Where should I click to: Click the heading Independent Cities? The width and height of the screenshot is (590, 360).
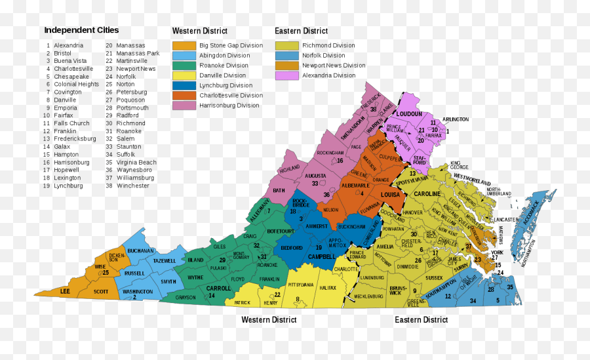[x=81, y=30]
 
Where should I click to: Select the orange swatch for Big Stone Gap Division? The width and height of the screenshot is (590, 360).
[x=184, y=45]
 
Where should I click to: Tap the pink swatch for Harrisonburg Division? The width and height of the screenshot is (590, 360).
[x=184, y=105]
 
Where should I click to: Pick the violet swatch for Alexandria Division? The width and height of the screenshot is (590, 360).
[x=286, y=75]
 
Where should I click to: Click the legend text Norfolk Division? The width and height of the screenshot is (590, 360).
[x=323, y=56]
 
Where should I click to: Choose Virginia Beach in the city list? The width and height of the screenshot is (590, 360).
[x=136, y=162]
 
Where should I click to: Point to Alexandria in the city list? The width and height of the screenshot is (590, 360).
[x=68, y=45]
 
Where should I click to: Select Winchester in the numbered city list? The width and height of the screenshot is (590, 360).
[x=132, y=186]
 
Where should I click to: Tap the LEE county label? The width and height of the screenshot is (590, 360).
[x=65, y=290]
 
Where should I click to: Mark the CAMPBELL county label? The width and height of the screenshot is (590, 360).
[x=321, y=256]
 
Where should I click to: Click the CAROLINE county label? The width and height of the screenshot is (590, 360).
[x=427, y=194]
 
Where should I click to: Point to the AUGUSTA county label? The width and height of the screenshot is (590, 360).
[x=315, y=176]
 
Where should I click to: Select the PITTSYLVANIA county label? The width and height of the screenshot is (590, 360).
[x=301, y=285]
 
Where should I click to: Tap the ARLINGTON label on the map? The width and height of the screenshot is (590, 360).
[x=455, y=119]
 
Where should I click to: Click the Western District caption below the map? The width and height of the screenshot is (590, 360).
[x=269, y=320]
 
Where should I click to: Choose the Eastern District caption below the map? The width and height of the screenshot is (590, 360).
[x=421, y=320]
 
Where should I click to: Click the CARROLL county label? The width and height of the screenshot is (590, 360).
[x=218, y=288]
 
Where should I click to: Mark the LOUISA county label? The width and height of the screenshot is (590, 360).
[x=390, y=195]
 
